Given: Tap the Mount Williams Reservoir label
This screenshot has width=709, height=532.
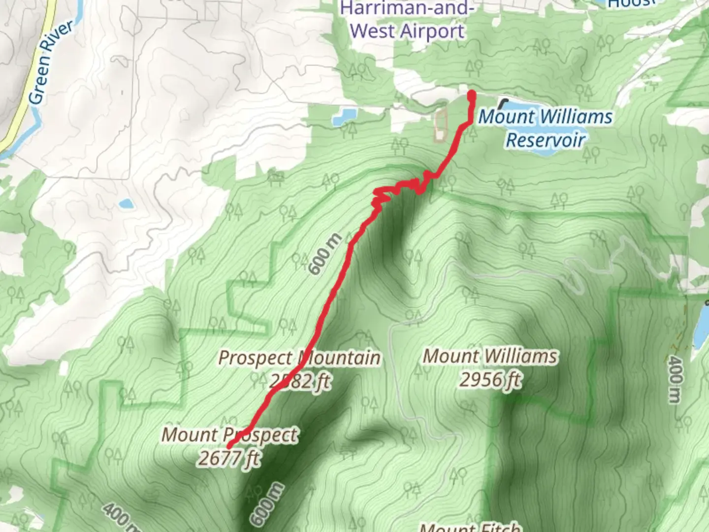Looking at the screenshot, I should point(546,128).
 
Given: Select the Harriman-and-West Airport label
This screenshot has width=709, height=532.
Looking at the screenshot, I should point(407,21).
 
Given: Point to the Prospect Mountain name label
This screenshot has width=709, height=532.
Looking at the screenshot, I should point(299,358).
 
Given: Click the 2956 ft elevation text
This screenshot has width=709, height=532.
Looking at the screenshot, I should point(490,380).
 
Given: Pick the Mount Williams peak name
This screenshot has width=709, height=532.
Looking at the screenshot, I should point(490,356).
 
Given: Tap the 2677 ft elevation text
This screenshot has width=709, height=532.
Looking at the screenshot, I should point(229,458).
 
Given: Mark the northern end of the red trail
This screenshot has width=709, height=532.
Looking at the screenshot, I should point(471,94).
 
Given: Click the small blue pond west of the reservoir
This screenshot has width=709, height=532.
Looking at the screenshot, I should point(344,116).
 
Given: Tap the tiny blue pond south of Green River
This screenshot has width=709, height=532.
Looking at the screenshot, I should point(126,203).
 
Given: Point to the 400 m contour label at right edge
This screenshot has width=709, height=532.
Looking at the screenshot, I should point(676,379).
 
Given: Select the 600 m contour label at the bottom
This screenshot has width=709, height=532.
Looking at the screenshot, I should point(267,503).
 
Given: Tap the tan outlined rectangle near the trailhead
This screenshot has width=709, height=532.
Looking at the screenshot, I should point(440,125).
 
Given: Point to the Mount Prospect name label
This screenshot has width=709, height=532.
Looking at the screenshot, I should point(229,435).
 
